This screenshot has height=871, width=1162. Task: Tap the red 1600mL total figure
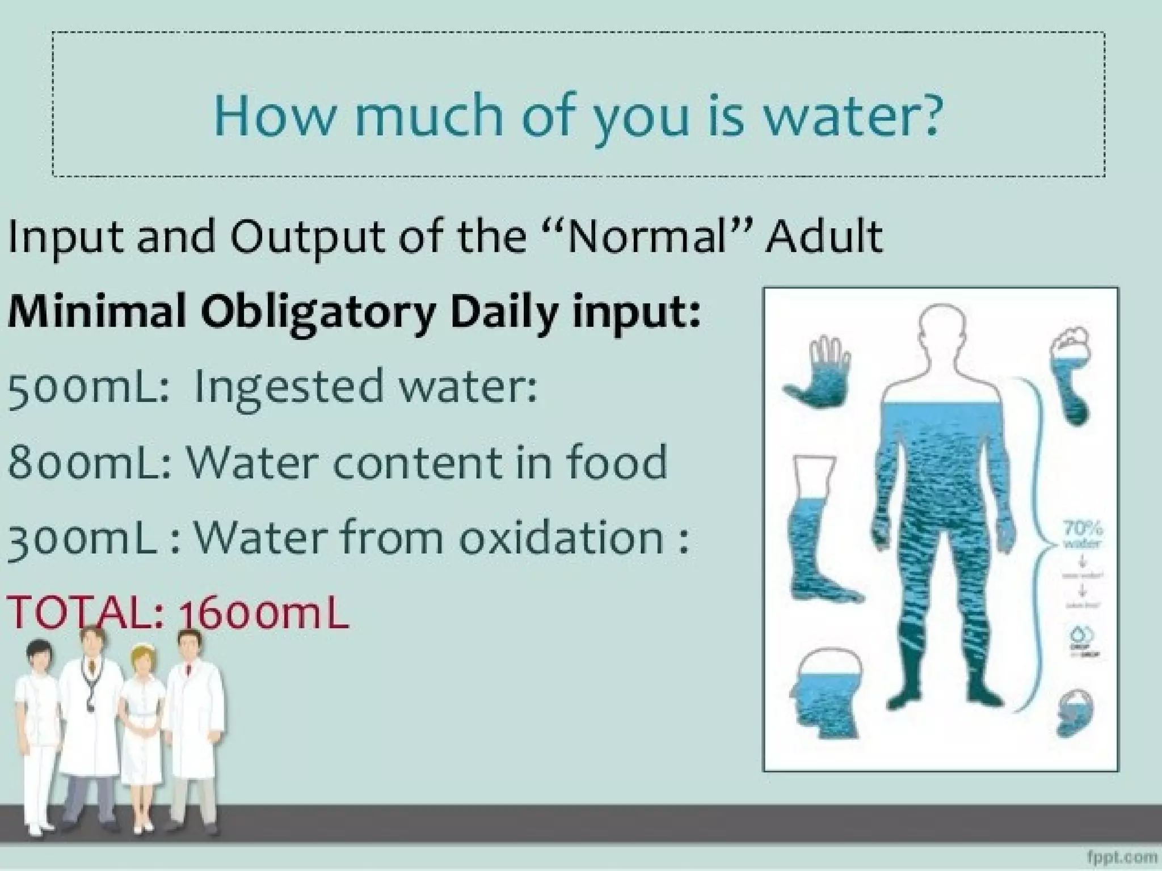point(263,615)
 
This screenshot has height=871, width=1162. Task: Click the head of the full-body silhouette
point(939,332)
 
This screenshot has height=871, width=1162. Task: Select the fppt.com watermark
point(1122,856)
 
